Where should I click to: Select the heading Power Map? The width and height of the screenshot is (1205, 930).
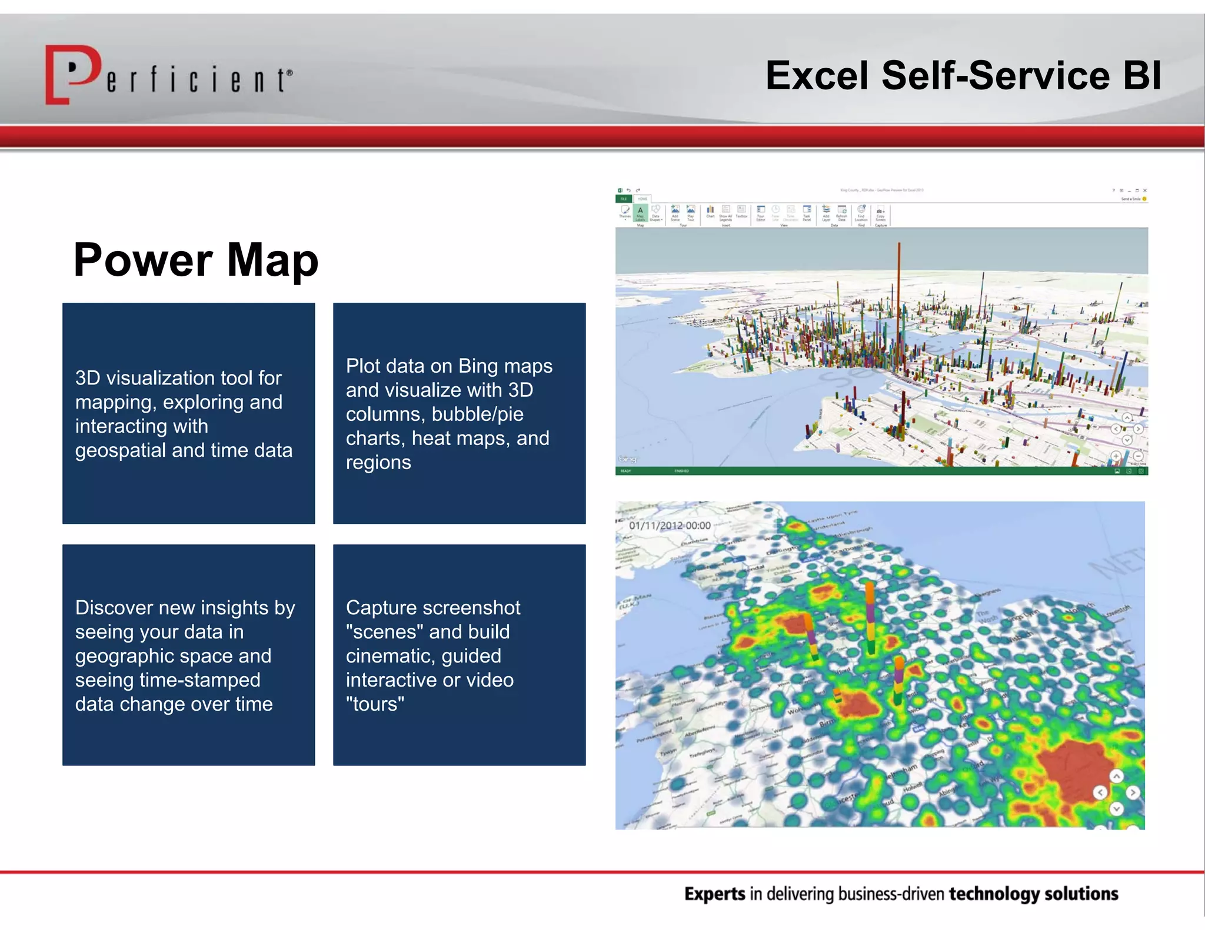[195, 260]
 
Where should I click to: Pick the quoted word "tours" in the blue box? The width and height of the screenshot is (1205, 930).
[375, 704]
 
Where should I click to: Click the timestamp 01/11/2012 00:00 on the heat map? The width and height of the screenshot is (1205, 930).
[670, 526]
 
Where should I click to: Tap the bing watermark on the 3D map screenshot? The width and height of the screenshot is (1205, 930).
[627, 459]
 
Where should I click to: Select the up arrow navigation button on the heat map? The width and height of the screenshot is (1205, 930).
[1116, 777]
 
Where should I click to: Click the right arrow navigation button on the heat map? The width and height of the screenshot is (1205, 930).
[1133, 792]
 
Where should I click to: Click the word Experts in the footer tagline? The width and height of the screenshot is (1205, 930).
[714, 894]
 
